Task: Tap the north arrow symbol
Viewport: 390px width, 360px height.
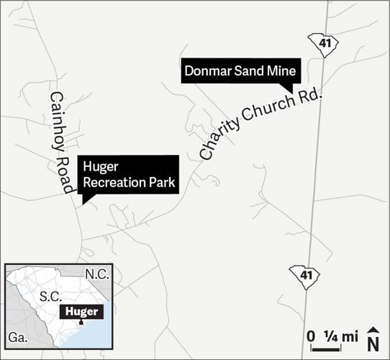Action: tap(373, 339)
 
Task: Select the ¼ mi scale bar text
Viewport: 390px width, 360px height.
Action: tap(341, 336)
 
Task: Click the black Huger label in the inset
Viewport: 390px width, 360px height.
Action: tap(81, 311)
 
